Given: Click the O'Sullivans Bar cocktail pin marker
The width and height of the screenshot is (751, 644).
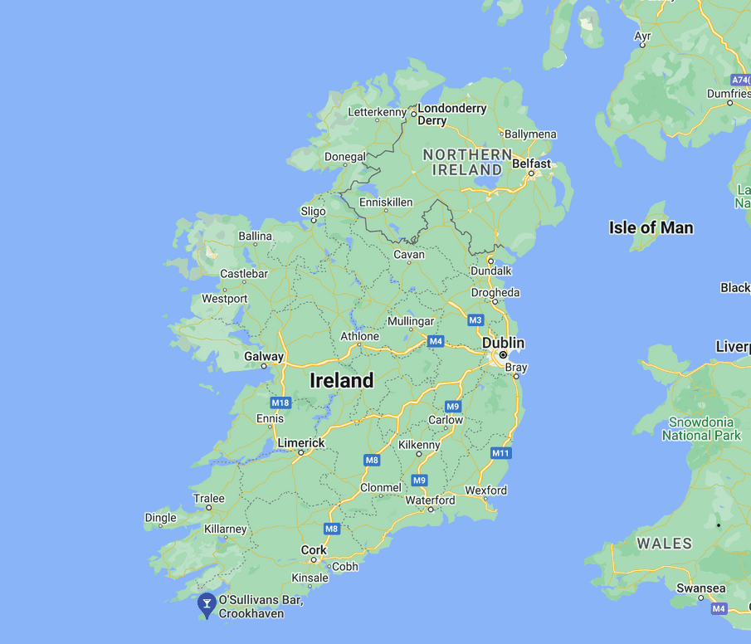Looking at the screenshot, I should [206, 605].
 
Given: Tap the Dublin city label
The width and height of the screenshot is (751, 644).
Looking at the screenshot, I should [503, 343].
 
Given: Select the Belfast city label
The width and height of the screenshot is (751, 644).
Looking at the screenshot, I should [531, 163].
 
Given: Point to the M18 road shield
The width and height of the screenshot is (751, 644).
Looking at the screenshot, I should [281, 402].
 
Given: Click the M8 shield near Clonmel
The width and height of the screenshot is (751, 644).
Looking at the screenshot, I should [372, 460].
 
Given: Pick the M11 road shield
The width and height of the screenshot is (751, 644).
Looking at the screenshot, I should [500, 453].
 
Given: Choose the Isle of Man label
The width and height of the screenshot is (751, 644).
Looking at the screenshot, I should [651, 227].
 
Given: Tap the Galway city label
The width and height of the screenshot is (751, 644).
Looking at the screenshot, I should [263, 356].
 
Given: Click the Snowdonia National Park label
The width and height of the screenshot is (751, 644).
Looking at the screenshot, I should [701, 428].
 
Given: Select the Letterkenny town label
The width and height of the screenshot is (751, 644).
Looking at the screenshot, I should [377, 112].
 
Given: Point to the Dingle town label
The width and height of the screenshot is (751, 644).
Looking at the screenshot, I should [161, 518].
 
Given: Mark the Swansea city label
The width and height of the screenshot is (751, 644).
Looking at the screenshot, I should [700, 588].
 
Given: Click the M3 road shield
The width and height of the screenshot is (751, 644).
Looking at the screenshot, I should [475, 320].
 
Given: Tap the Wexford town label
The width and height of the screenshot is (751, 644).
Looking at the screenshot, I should [485, 490].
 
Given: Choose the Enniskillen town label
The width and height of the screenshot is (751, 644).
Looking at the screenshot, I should [386, 202].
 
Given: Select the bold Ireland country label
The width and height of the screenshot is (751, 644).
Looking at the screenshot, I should [341, 380].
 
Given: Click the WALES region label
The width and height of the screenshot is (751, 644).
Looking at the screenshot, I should [664, 544].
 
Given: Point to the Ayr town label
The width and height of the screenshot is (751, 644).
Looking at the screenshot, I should [643, 36].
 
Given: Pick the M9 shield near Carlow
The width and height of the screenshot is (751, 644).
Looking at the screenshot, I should [452, 407].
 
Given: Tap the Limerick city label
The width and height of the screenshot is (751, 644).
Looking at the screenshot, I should [300, 443].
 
